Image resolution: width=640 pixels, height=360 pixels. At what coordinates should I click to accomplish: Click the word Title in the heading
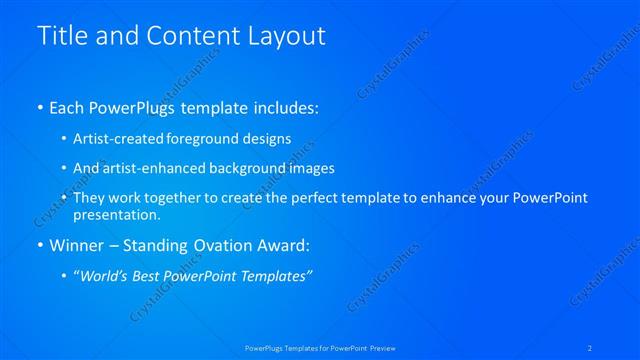tap(61, 36)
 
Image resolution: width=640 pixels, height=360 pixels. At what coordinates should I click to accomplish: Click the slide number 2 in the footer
tap(590, 347)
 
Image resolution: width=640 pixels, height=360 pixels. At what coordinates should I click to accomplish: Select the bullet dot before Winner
tap(39, 245)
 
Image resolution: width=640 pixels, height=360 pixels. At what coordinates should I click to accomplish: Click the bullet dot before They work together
tap(64, 198)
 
